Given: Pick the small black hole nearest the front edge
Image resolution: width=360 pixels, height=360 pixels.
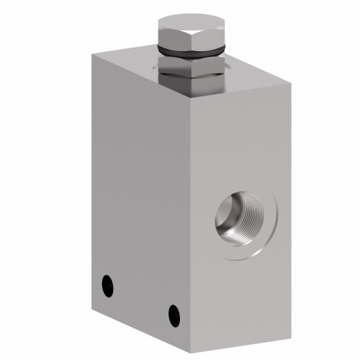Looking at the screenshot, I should pyautogui.click(x=174, y=313).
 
